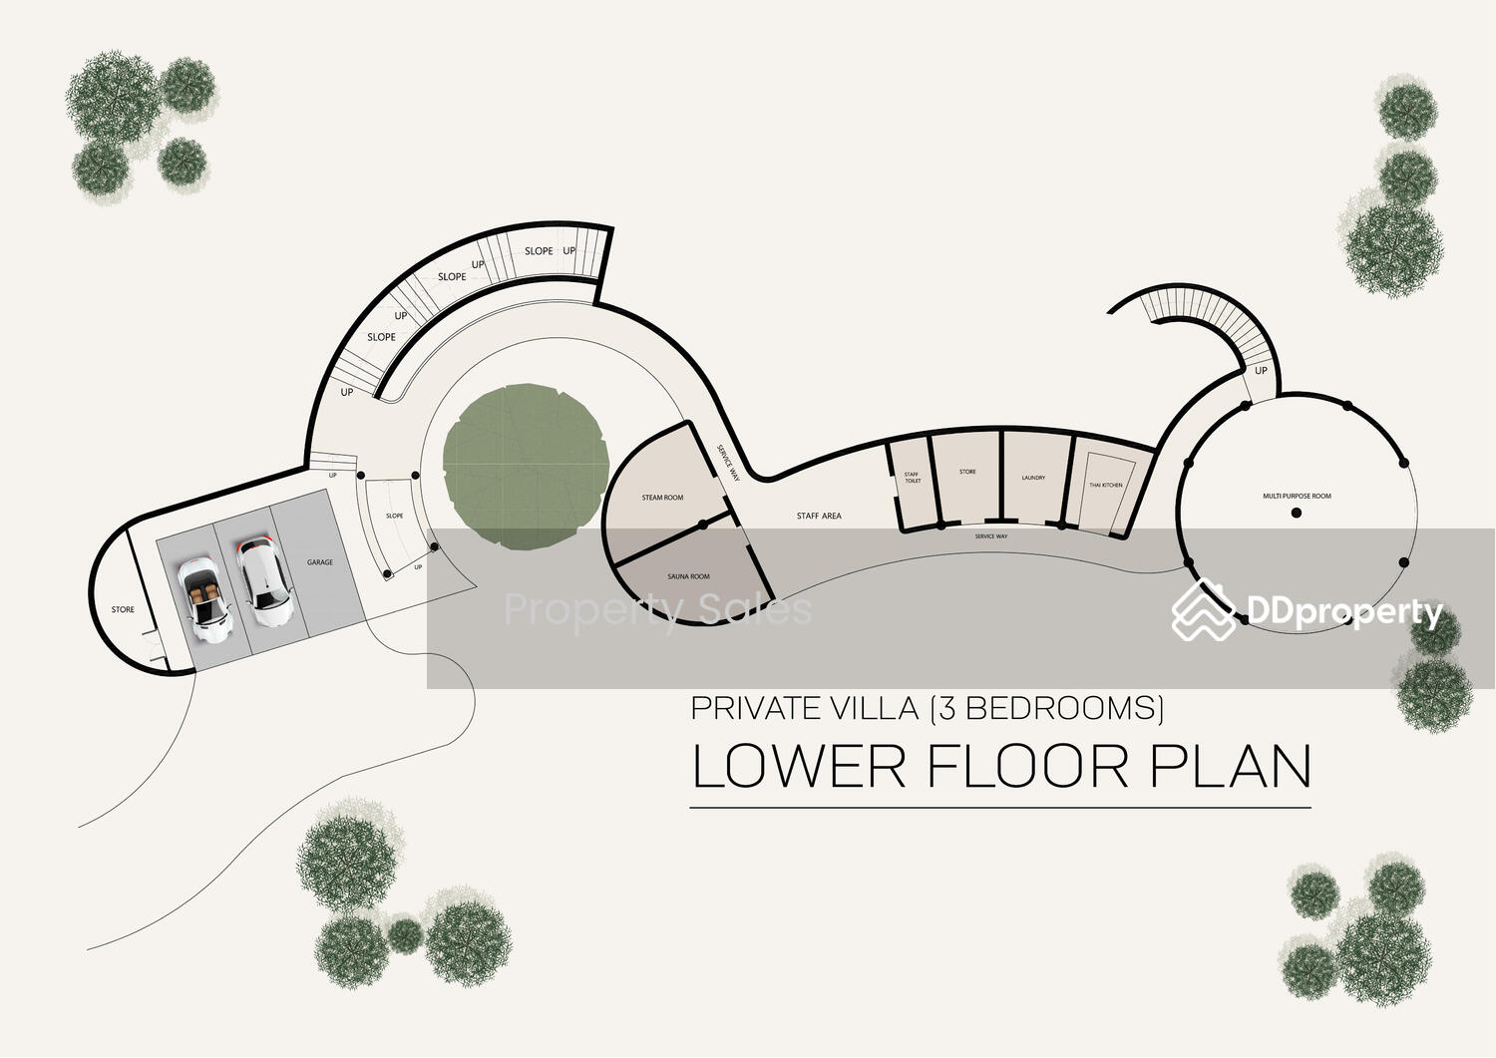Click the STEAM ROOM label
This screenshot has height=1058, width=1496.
point(662,498)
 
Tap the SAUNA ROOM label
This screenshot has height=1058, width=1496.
point(688,576)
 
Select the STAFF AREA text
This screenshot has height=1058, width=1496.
point(819,516)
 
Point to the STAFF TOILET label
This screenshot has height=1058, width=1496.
point(912,478)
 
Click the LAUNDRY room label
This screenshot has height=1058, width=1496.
point(1033,478)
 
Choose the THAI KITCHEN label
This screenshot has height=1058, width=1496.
point(1105,486)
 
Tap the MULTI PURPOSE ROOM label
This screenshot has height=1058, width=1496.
point(1297,496)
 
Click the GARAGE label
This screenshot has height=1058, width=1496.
point(320,562)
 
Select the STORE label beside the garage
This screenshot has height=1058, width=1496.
point(123,609)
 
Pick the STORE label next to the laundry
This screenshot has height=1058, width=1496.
point(967,472)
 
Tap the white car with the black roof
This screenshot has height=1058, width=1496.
point(263,582)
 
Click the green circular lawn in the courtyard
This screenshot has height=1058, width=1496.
point(526,467)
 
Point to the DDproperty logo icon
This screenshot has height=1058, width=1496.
point(1204,609)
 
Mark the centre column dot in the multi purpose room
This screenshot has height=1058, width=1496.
point(1297,513)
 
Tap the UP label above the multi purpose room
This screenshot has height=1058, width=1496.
point(1261,371)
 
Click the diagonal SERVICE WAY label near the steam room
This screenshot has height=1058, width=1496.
point(728,464)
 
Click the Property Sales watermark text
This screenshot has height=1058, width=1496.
point(657,609)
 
